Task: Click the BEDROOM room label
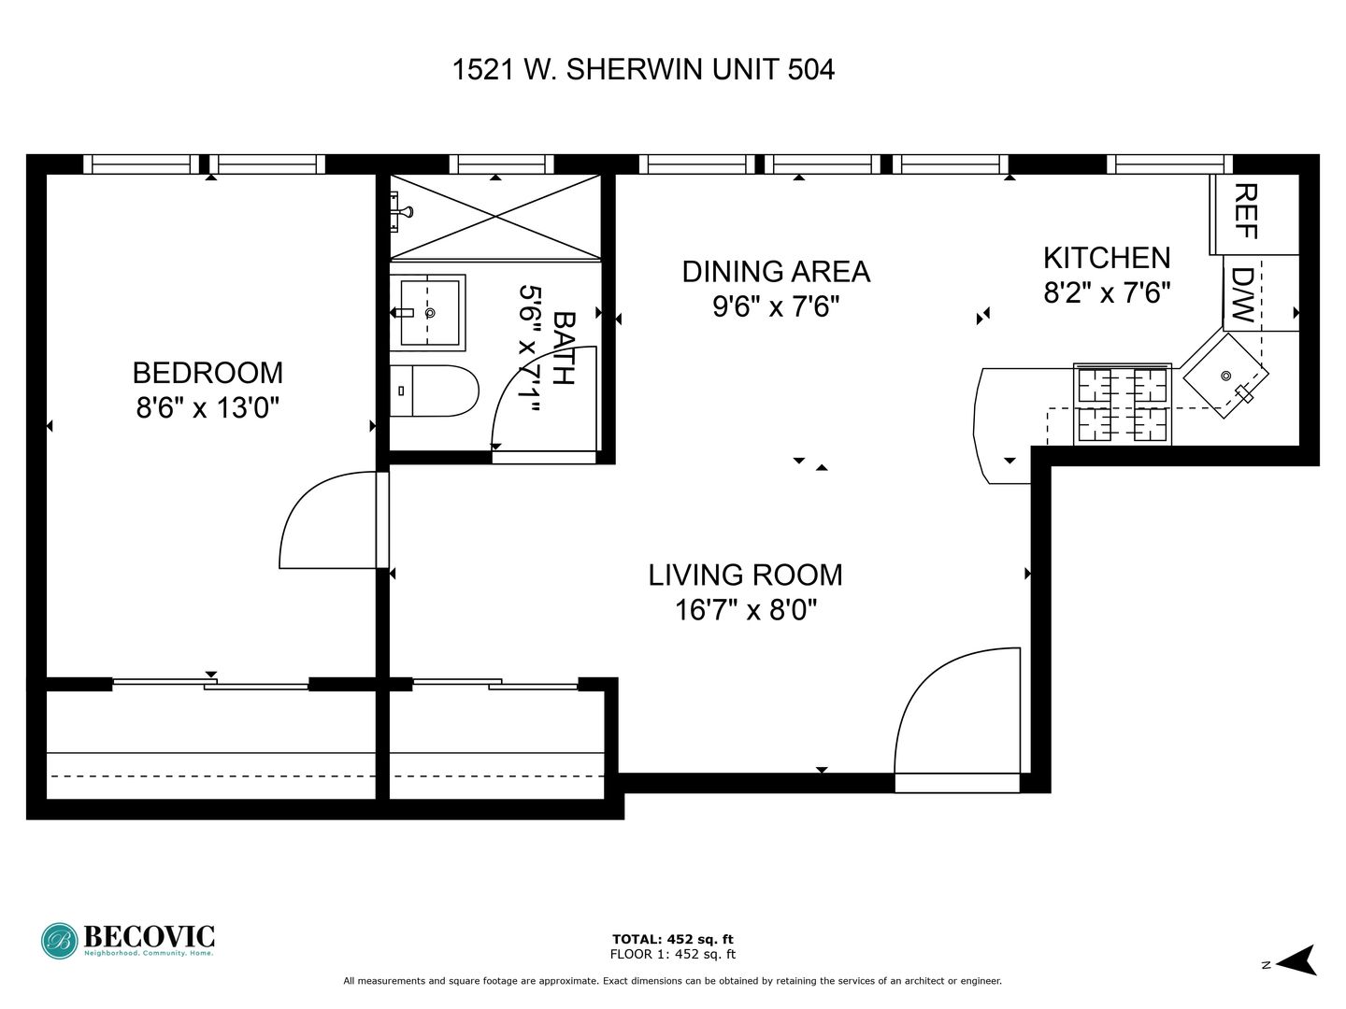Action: (x=208, y=373)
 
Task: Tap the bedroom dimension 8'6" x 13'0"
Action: (x=208, y=406)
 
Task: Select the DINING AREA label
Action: (x=776, y=271)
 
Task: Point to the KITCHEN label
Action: (x=1107, y=258)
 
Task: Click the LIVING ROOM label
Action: (x=745, y=575)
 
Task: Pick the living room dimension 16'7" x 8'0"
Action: (x=746, y=609)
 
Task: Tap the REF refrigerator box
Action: (x=1254, y=214)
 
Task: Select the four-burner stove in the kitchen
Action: (x=1123, y=404)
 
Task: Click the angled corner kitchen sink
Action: (x=1225, y=376)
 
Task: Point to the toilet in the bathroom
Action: (x=434, y=391)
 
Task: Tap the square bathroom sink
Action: (x=429, y=312)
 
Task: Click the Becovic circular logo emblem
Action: (x=60, y=941)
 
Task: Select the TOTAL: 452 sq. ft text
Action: (x=673, y=939)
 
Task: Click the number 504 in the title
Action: (x=810, y=69)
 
